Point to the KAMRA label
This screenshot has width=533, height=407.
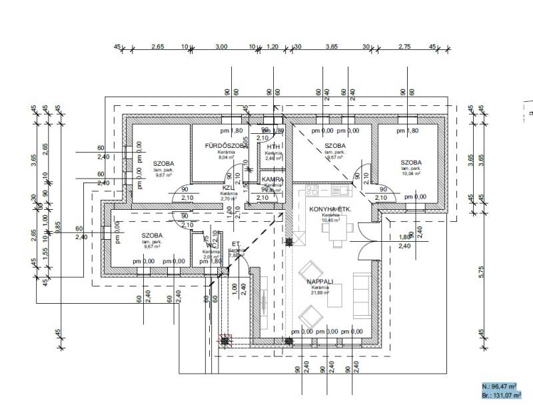[273, 180]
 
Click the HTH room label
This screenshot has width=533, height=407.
[273, 147]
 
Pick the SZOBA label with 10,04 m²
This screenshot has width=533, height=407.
[411, 163]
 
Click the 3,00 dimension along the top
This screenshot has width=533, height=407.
[221, 47]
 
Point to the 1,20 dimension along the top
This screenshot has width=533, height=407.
[272, 47]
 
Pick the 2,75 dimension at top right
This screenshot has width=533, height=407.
[404, 47]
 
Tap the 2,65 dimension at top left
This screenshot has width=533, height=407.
[158, 47]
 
